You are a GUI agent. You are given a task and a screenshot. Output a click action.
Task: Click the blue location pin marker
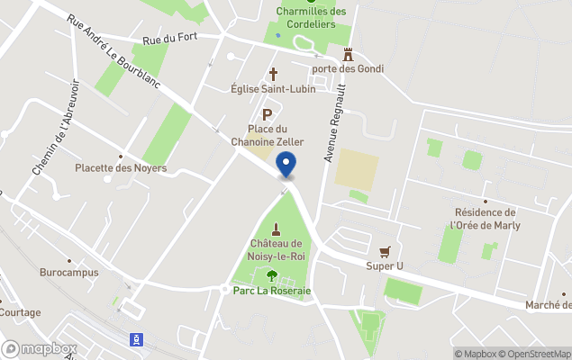point(286,166)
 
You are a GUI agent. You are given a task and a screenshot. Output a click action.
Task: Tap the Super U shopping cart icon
point(385,251)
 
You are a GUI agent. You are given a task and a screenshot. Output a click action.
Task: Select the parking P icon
point(267,114)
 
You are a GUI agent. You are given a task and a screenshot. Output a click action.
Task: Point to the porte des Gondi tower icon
point(348,55)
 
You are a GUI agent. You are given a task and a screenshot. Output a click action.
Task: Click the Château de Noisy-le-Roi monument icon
point(275,228)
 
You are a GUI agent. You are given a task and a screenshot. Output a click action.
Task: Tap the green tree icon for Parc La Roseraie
point(271,276)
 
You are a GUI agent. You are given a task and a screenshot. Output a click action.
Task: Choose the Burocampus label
point(68,271)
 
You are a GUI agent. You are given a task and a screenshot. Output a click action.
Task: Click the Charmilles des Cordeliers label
point(311,18)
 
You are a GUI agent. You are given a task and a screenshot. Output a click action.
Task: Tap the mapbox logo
point(40,348)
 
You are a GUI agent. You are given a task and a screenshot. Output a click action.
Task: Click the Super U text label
point(385,265)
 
